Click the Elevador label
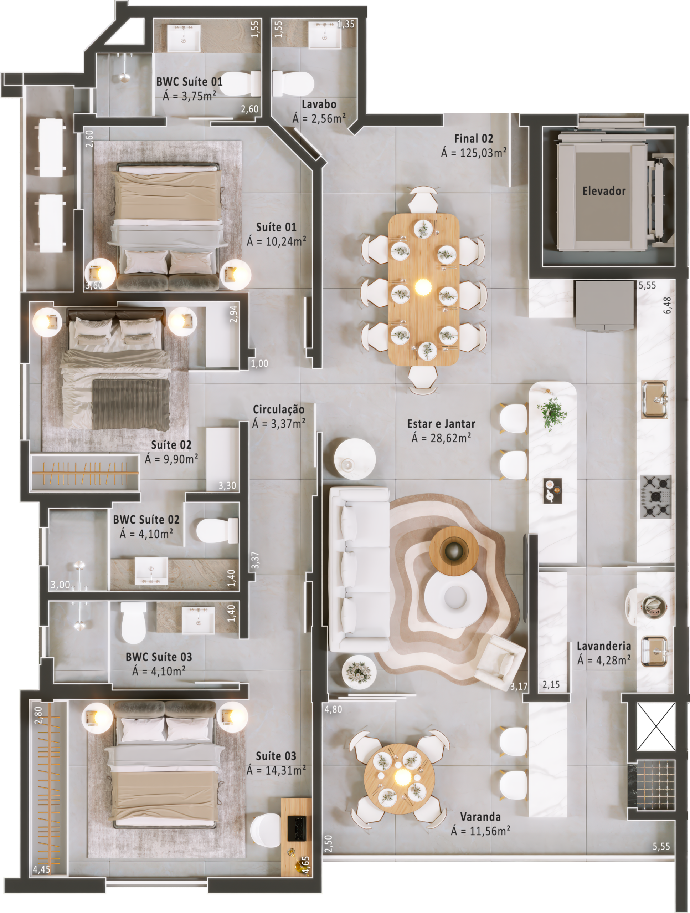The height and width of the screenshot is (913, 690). tap(604, 191)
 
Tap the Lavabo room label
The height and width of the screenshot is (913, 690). tap(319, 104)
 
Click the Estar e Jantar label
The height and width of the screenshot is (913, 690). tap(441, 424)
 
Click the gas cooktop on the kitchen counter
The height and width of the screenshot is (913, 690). tap(656, 496)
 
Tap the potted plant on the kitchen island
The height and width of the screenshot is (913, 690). tap(552, 413)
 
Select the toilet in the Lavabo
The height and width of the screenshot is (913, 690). tap(293, 84)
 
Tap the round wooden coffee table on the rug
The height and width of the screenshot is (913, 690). tap(454, 550)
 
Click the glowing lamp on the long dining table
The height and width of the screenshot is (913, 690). tap(422, 287)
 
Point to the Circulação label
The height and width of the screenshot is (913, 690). tap(279, 409)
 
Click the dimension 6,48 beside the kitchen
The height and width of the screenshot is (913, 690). tap(667, 305)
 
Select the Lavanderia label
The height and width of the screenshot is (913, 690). tap(604, 646)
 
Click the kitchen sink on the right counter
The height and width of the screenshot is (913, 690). tap(654, 399)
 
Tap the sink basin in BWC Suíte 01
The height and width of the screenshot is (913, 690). tap(184, 38)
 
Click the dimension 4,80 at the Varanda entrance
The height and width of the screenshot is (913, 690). tap(333, 709)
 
